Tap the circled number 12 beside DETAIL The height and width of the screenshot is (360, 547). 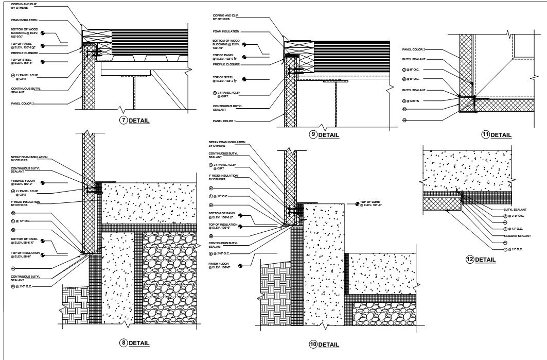[469, 259]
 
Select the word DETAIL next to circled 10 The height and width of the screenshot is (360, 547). [329, 345]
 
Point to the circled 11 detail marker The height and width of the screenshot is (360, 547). [485, 135]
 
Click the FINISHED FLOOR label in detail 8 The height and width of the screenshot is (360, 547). [22, 182]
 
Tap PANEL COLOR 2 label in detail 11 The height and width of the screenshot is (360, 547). [414, 49]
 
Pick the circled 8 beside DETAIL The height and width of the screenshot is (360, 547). [123, 343]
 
